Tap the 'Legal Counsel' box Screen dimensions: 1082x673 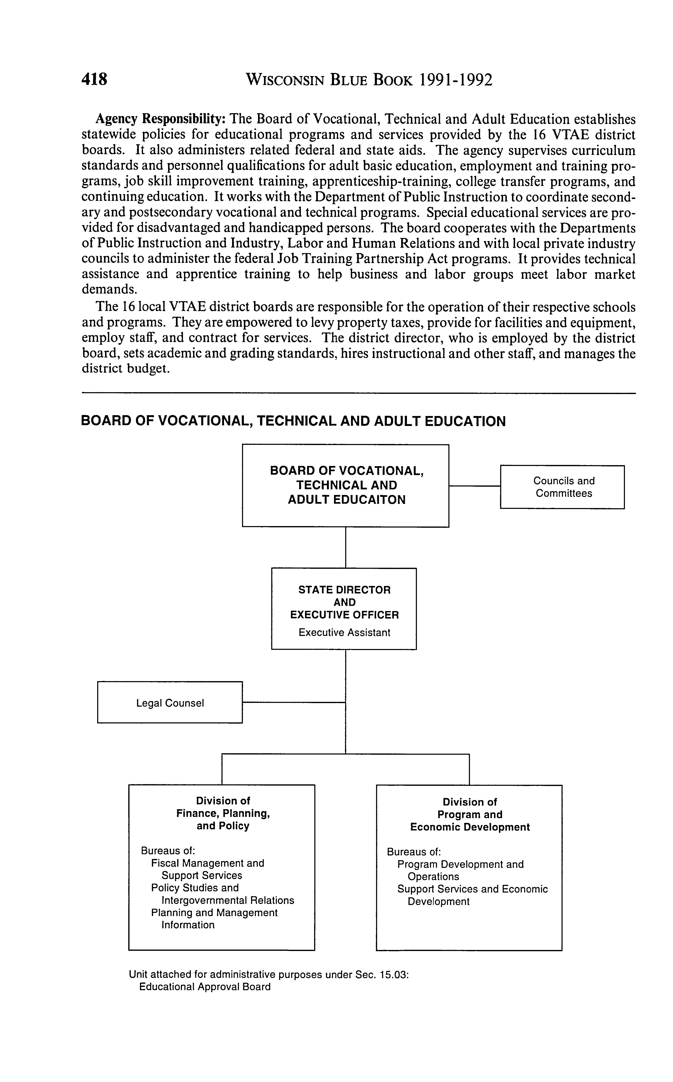[169, 703]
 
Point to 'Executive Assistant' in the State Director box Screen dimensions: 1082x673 [344, 632]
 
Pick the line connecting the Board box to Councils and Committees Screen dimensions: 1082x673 [474, 486]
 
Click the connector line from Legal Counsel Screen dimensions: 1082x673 [294, 702]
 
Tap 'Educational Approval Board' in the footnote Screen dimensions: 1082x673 [205, 987]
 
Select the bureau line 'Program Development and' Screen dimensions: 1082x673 [460, 864]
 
